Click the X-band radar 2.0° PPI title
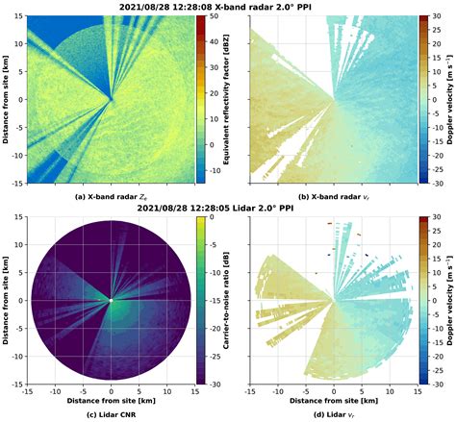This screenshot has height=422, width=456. point(229,7)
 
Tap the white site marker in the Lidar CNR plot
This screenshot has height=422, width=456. point(112,302)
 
